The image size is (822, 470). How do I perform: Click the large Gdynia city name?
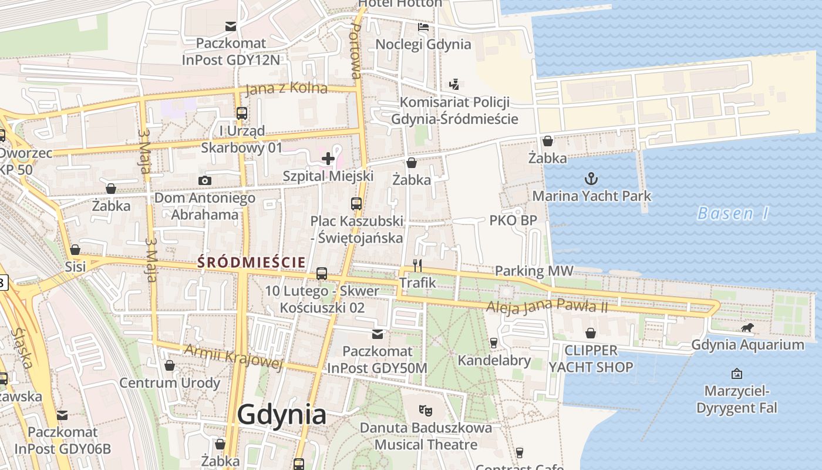pyautogui.click(x=282, y=415)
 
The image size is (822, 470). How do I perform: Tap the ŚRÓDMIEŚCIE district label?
pyautogui.click(x=251, y=261)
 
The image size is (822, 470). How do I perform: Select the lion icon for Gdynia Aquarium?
pyautogui.click(x=747, y=328)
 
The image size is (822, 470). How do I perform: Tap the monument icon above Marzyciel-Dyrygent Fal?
pyautogui.click(x=736, y=374)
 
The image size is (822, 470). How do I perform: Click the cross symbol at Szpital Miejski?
pyautogui.click(x=328, y=158)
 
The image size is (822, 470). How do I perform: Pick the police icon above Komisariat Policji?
pyautogui.click(x=454, y=85)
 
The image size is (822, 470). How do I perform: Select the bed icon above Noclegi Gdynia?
pyautogui.click(x=423, y=27)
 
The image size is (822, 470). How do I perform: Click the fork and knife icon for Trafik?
pyautogui.click(x=417, y=265)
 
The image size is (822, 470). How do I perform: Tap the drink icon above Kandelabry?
pyautogui.click(x=494, y=343)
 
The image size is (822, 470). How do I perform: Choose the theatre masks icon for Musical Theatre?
pyautogui.click(x=425, y=409)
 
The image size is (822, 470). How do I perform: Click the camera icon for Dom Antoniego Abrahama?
pyautogui.click(x=204, y=180)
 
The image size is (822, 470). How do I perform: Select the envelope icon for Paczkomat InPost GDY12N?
pyautogui.click(x=231, y=26)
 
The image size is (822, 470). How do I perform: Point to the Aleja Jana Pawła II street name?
pyautogui.click(x=546, y=307)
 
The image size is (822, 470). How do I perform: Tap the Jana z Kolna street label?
pyautogui.click(x=286, y=89)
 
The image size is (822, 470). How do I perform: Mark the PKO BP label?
pyautogui.click(x=513, y=220)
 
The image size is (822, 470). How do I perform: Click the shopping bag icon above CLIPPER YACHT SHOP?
pyautogui.click(x=591, y=333)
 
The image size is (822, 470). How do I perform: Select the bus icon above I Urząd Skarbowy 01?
pyautogui.click(x=241, y=113)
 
